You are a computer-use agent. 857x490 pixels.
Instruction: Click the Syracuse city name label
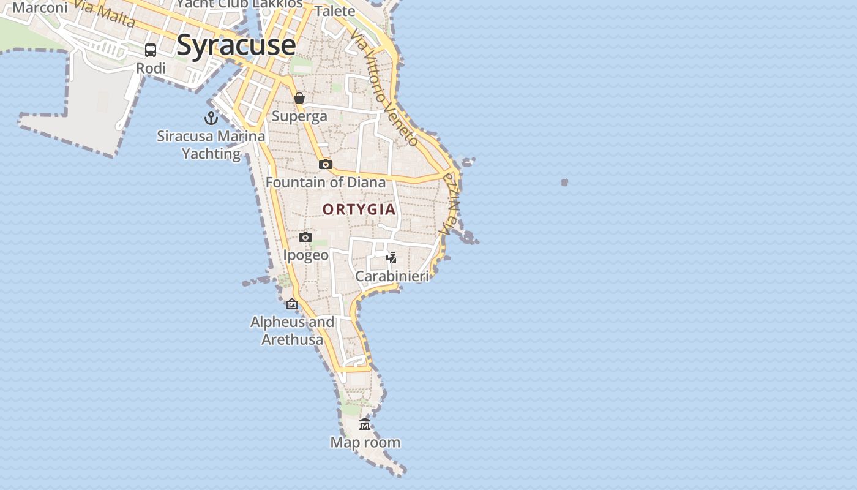(236, 45)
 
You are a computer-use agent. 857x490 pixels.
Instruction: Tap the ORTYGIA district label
(359, 209)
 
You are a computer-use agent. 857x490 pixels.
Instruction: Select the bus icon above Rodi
(151, 50)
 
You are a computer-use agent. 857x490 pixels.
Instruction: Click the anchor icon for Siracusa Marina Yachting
(211, 118)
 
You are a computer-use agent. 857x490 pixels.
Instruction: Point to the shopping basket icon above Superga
(299, 98)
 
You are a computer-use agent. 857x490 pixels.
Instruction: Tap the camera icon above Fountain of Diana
(326, 164)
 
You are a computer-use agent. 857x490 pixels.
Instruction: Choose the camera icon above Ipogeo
(305, 237)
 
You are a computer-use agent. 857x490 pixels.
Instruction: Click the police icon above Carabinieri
(392, 257)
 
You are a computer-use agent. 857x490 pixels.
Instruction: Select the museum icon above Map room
(365, 424)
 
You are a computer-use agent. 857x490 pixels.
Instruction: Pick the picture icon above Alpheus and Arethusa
(292, 304)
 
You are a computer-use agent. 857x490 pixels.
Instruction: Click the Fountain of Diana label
(326, 183)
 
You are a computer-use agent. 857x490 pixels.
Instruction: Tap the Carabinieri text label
(392, 276)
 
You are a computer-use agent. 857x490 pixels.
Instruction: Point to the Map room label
(365, 442)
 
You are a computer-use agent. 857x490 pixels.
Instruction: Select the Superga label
(299, 116)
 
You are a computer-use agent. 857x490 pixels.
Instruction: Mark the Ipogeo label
(305, 255)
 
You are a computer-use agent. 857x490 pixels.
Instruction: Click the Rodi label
(151, 69)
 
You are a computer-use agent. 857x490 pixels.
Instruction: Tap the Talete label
(335, 11)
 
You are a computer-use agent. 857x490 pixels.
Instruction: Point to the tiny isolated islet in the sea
(564, 182)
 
